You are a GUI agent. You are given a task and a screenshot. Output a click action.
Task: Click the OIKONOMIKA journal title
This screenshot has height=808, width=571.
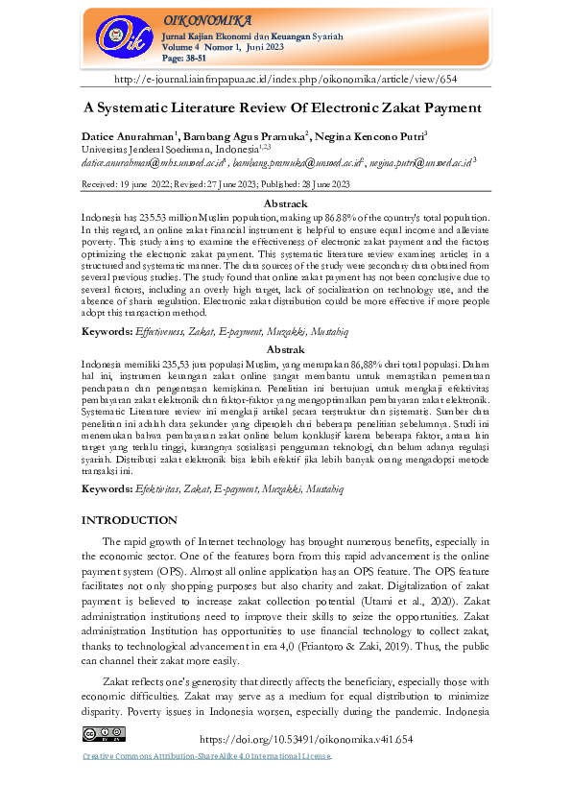(x=208, y=20)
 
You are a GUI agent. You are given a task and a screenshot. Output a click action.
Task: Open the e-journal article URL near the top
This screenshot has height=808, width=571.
(x=285, y=79)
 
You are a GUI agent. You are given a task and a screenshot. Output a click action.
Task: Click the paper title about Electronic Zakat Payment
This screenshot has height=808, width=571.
(x=285, y=108)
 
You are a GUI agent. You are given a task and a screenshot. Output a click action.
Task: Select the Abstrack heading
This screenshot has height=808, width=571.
(x=285, y=204)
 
